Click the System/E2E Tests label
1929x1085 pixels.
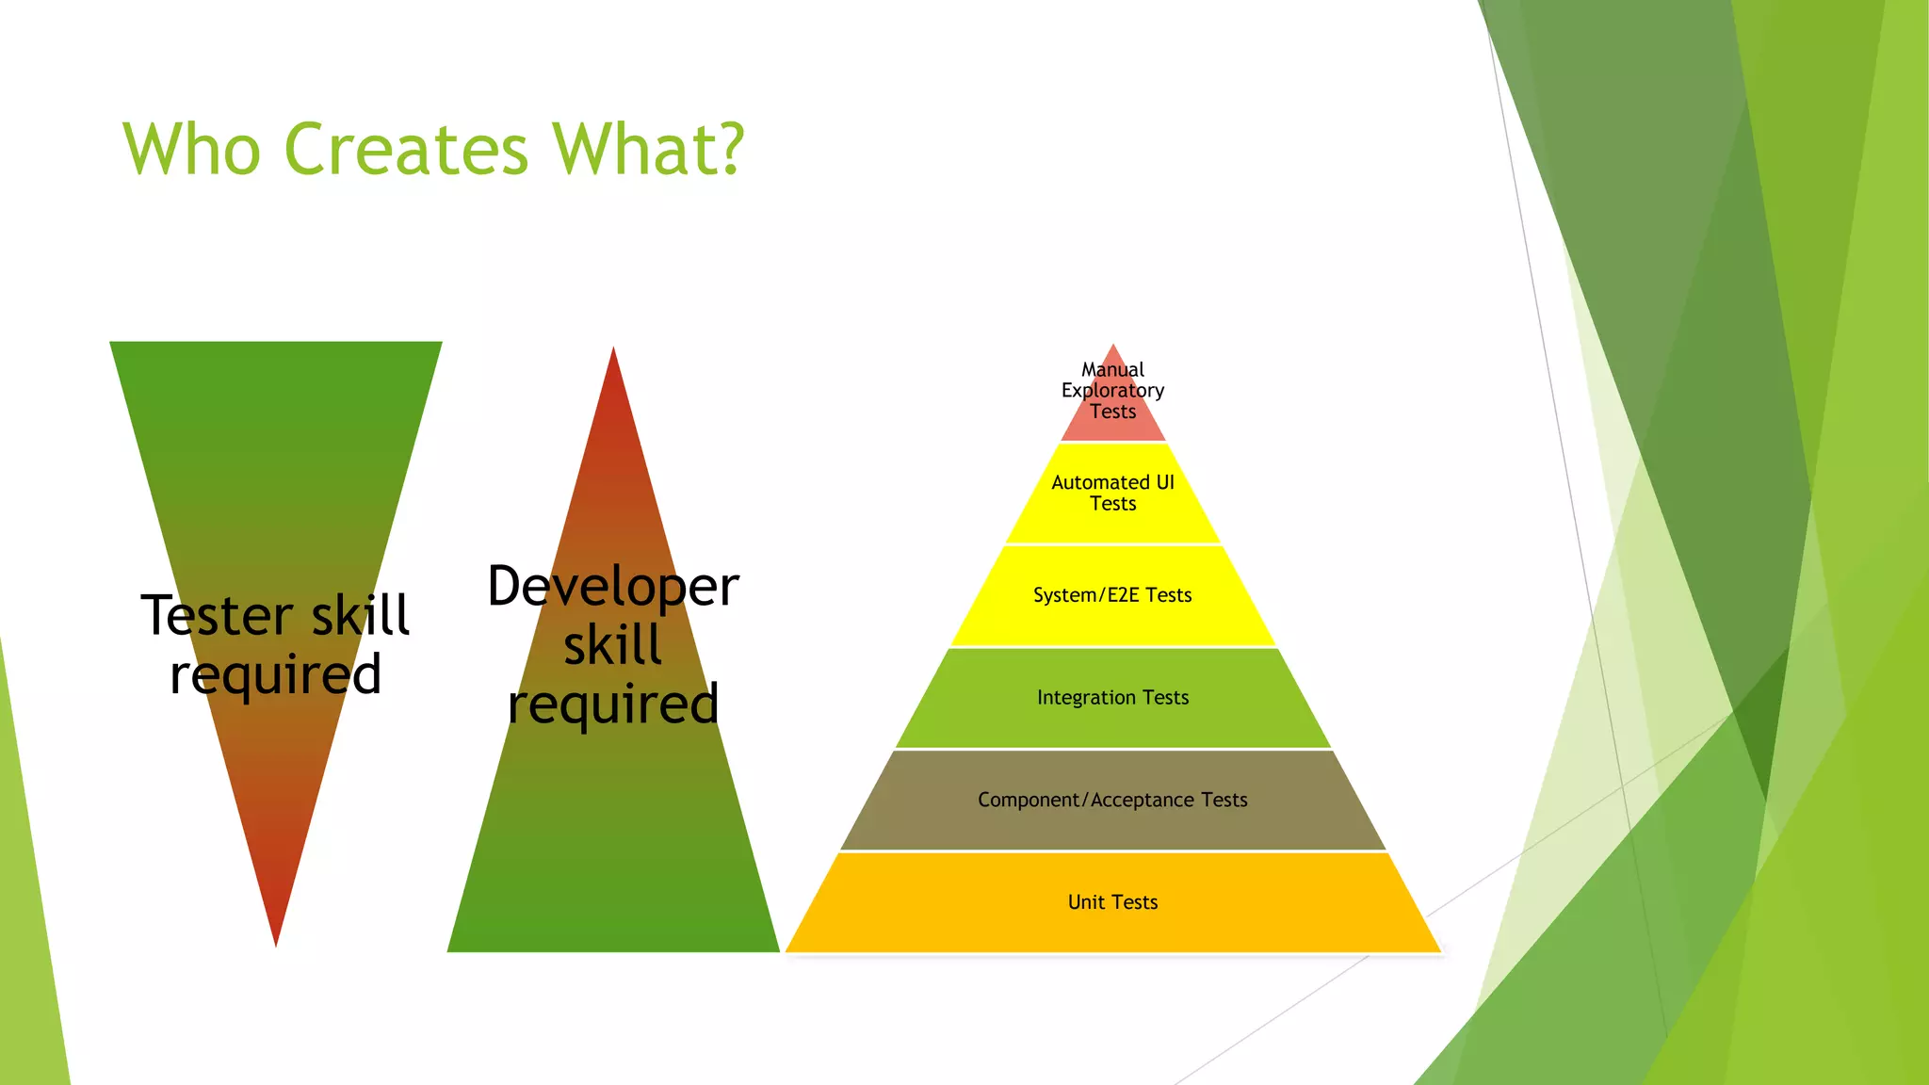pyautogui.click(x=1112, y=595)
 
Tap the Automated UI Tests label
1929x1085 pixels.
pyautogui.click(x=1112, y=493)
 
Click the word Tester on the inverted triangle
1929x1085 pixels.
pyautogui.click(x=217, y=616)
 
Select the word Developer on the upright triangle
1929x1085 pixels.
pyautogui.click(x=613, y=587)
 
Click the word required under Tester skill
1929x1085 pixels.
pyautogui.click(x=276, y=675)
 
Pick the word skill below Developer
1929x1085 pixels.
pyautogui.click(x=613, y=645)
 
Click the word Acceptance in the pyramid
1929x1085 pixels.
pyautogui.click(x=1143, y=800)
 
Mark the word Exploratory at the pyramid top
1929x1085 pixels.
pyautogui.click(x=1112, y=390)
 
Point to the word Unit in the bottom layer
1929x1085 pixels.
pyautogui.click(x=1086, y=902)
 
